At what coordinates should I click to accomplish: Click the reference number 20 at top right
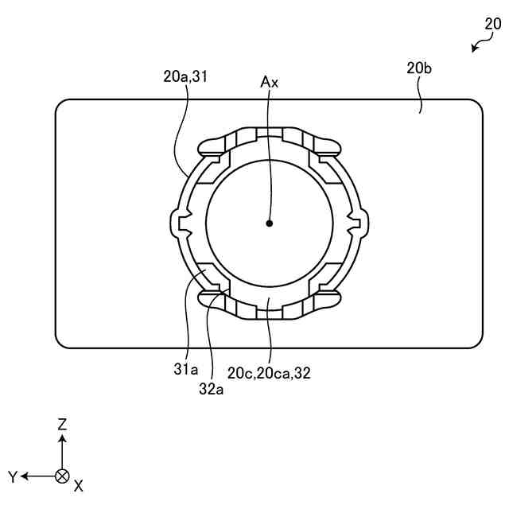[493, 24]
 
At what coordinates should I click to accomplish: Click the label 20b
[419, 68]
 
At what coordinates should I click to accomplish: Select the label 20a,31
[185, 76]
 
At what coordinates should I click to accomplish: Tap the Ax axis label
[270, 81]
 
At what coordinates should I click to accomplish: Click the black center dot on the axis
[270, 223]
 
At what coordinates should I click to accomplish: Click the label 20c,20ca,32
[269, 371]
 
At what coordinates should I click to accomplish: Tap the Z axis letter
[62, 425]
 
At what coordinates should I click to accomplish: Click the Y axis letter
[13, 476]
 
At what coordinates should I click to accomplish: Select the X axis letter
[78, 484]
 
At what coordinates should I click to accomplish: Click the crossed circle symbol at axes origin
[62, 476]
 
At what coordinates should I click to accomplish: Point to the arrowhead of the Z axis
[62, 437]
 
